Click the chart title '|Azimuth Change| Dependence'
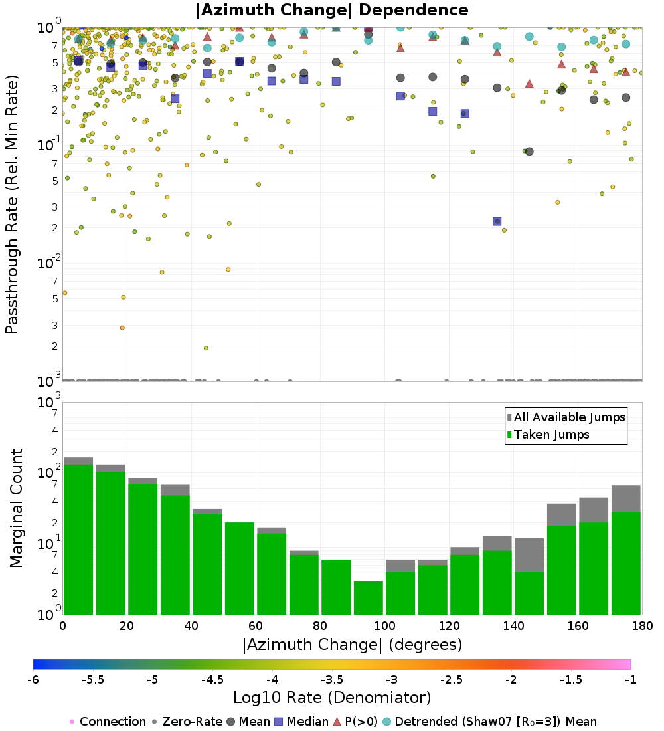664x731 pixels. [x=332, y=10]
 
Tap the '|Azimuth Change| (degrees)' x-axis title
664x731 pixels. [x=352, y=644]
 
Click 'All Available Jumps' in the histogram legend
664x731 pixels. [x=569, y=417]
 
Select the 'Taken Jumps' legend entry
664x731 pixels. [x=551, y=435]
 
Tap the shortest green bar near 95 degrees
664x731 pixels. [x=368, y=597]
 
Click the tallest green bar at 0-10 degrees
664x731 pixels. [x=78, y=539]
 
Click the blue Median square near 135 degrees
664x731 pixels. [x=497, y=221]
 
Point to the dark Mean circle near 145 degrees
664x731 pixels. [x=529, y=152]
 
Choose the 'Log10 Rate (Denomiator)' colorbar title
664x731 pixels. [x=332, y=697]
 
